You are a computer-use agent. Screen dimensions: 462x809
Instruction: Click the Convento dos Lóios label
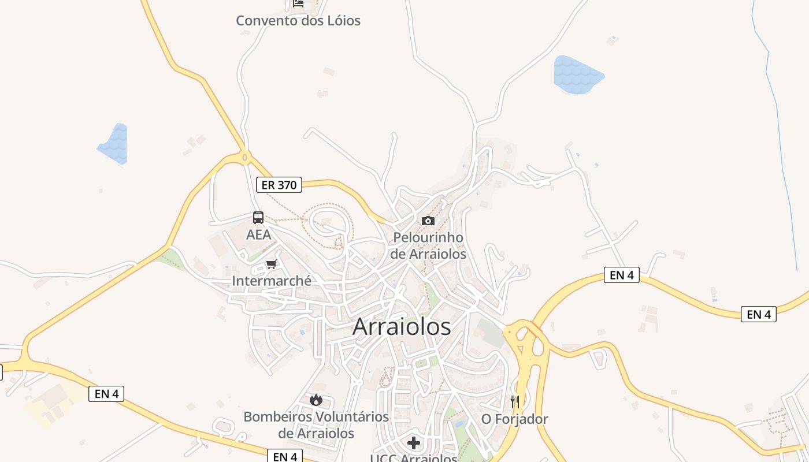point(298,21)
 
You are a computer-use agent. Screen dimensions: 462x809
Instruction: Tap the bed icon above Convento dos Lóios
point(298,3)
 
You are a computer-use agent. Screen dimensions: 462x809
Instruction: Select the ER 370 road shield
point(279,185)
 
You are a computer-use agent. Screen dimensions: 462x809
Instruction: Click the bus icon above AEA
point(258,218)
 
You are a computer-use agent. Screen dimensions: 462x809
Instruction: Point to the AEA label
point(258,234)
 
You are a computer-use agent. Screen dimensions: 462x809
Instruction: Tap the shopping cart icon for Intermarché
point(271,264)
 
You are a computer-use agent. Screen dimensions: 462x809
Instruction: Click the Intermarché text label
point(272,281)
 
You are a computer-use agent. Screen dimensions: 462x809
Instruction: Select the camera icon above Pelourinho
point(428,221)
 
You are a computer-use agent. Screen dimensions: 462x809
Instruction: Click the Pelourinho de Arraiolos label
point(428,245)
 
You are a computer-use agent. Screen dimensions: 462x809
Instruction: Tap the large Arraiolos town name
point(402,327)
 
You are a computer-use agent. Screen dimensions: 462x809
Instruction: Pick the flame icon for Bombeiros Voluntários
point(316,400)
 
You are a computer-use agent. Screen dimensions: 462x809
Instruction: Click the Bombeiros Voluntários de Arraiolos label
point(316,424)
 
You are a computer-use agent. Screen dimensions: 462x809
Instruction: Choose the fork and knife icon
point(514,402)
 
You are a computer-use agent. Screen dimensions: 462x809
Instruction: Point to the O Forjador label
point(514,419)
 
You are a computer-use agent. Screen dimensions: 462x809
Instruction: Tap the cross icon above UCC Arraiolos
point(414,443)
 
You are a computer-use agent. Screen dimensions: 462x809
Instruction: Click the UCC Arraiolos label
point(414,458)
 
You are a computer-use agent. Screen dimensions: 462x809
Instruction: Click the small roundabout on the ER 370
point(245,157)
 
